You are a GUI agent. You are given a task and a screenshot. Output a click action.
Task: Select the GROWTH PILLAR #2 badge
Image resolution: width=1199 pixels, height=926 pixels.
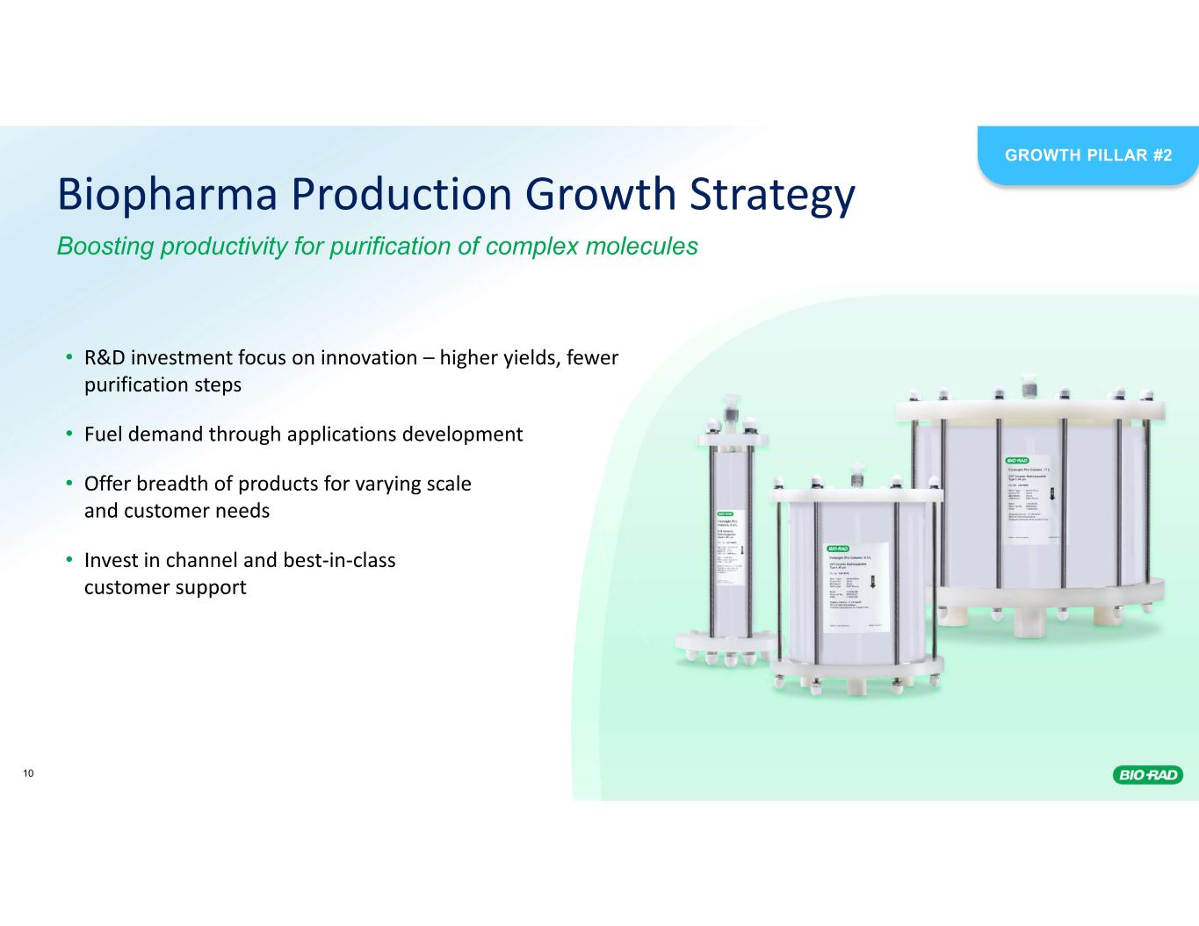pos(1088,155)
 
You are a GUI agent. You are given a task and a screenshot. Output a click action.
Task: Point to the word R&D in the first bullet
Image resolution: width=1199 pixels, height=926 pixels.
pos(105,358)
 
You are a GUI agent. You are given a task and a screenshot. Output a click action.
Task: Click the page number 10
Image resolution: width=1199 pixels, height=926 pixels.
pos(29,773)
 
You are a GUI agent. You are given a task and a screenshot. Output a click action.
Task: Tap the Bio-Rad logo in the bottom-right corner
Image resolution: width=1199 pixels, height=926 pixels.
pos(1148,774)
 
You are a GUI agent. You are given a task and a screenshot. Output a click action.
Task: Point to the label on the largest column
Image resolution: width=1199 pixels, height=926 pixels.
pos(1032,498)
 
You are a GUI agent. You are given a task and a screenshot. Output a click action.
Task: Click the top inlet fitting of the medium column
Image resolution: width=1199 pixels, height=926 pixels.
pos(854,472)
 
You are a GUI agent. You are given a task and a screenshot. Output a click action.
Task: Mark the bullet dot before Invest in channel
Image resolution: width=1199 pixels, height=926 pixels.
pos(69,560)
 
